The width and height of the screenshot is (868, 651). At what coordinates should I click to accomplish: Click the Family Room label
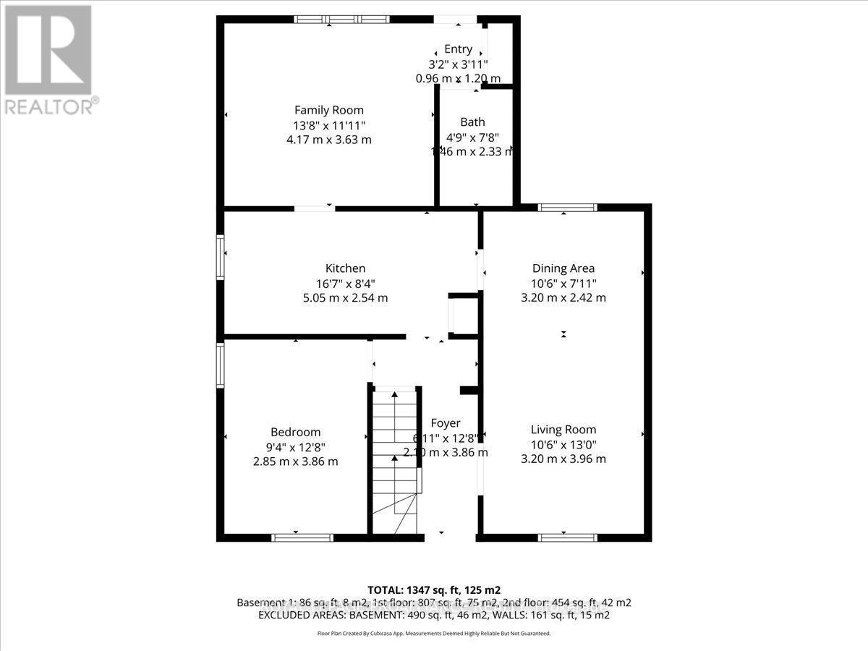(329, 110)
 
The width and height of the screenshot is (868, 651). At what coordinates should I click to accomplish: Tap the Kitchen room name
(345, 268)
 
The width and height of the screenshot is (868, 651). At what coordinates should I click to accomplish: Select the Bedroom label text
(295, 432)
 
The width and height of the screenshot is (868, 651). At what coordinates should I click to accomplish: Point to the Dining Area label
(563, 268)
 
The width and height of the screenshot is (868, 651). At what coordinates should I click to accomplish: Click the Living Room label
(563, 430)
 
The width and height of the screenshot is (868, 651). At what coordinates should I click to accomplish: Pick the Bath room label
(472, 122)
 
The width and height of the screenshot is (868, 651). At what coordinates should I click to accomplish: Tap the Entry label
(458, 49)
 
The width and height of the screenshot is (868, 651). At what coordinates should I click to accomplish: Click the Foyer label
(445, 423)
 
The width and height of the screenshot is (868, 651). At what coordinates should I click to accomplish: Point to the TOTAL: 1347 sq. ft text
(433, 589)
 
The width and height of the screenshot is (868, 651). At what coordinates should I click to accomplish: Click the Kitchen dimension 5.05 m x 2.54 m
(345, 297)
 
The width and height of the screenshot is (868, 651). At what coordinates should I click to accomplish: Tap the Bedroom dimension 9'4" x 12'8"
(295, 446)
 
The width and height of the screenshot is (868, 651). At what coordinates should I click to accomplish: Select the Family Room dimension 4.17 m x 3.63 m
(329, 139)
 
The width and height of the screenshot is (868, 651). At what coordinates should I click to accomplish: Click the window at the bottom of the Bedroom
(302, 537)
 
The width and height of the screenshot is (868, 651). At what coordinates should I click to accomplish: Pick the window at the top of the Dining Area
(568, 208)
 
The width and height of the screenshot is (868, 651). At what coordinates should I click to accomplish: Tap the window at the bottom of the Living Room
(568, 537)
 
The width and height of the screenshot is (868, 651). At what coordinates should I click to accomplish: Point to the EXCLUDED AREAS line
(433, 616)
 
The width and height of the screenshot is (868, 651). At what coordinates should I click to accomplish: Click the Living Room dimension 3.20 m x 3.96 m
(563, 459)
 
